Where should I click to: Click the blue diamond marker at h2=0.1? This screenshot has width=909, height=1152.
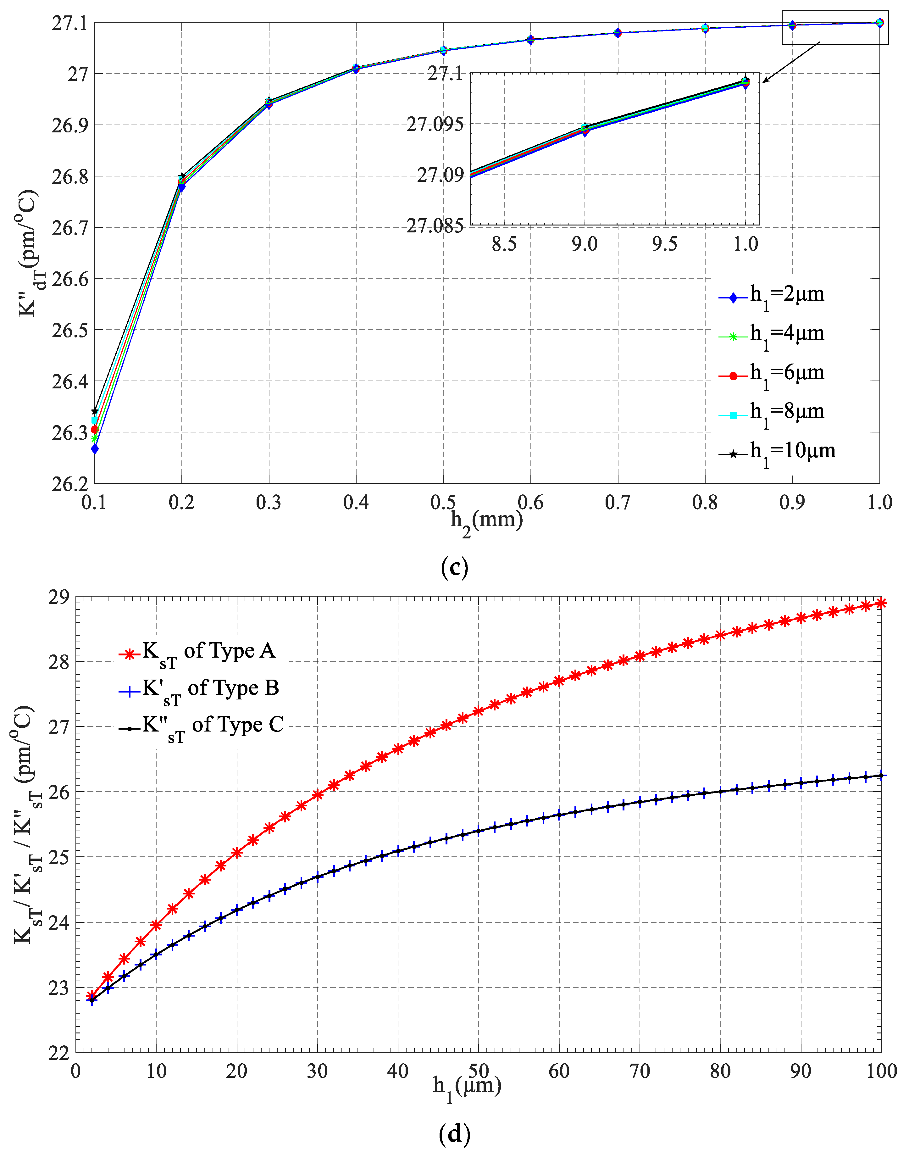point(95,449)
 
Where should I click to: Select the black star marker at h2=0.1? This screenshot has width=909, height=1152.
point(95,411)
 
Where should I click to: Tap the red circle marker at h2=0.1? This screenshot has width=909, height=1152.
point(95,429)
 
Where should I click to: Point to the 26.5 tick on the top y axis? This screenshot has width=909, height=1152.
point(69,330)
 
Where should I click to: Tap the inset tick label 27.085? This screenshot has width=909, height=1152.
point(435,226)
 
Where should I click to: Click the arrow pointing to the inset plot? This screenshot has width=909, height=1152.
point(791,62)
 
